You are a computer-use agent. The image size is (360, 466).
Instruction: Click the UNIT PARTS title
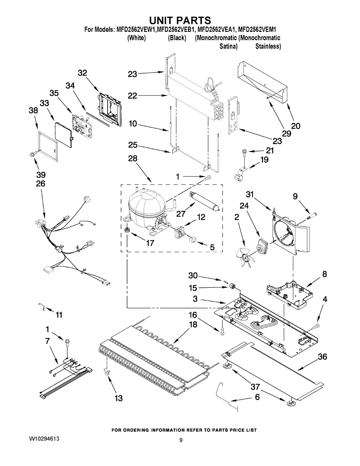click(180, 20)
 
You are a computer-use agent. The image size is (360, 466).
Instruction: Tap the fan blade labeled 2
click(244, 256)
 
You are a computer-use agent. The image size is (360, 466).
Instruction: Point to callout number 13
click(118, 398)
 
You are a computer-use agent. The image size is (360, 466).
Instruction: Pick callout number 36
click(322, 357)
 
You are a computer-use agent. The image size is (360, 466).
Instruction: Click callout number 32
click(82, 73)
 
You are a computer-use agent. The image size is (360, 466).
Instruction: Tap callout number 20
click(296, 126)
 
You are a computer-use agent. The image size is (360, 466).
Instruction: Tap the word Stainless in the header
click(268, 46)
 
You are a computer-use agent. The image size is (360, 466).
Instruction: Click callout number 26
click(40, 183)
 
